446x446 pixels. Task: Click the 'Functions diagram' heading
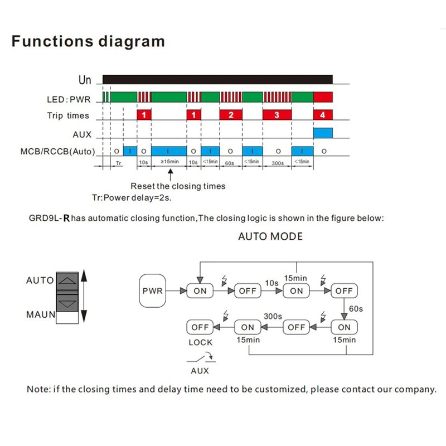(x=88, y=41)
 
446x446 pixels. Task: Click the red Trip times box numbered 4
(x=323, y=115)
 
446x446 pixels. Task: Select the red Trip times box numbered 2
(x=230, y=115)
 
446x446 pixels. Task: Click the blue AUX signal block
(x=323, y=133)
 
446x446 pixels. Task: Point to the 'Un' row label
(x=84, y=80)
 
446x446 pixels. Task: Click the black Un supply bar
(x=217, y=79)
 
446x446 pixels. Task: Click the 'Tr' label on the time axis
(x=118, y=162)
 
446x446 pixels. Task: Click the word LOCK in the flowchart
(x=200, y=342)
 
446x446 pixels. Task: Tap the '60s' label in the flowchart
(x=355, y=308)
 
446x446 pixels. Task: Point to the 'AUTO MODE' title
(x=270, y=236)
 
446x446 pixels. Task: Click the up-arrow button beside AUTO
(x=68, y=280)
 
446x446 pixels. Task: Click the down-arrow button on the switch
(x=68, y=303)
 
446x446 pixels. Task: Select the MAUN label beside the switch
(x=41, y=314)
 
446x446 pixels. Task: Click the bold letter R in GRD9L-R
(x=66, y=218)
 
